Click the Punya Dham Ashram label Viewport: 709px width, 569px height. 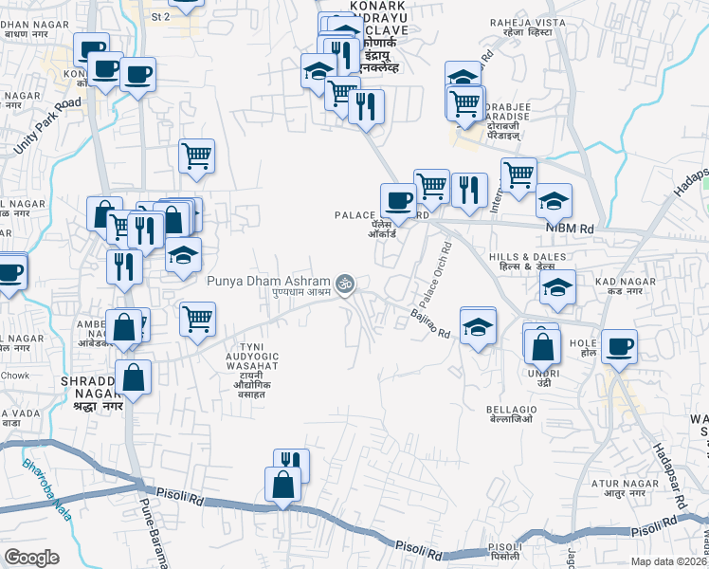(267, 281)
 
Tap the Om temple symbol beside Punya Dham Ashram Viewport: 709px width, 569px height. (346, 282)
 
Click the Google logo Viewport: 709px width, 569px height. (32, 558)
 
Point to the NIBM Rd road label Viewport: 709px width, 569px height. (568, 229)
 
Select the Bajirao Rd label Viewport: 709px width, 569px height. (429, 322)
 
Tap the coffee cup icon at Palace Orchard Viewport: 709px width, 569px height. (397, 199)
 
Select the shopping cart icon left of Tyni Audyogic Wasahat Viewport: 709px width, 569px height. (197, 319)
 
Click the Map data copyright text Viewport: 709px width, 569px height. (669, 561)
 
